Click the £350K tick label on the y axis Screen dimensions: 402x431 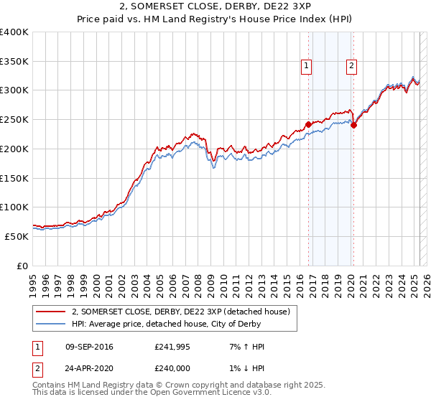(14, 61)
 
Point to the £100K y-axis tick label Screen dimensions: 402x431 (14, 207)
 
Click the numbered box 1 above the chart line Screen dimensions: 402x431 (306, 66)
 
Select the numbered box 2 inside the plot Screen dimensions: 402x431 (351, 66)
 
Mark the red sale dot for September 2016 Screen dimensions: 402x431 (308, 124)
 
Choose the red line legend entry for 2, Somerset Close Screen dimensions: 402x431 (180, 312)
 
